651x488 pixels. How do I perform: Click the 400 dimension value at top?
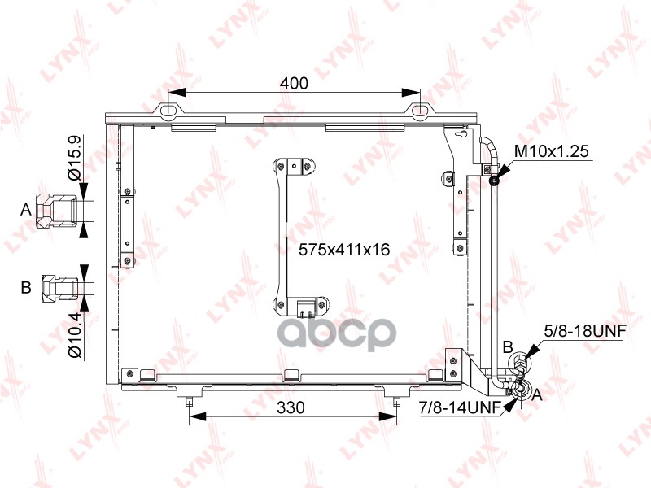(x=294, y=84)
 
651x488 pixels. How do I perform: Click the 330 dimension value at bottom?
(x=291, y=407)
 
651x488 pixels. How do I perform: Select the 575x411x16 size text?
(x=344, y=250)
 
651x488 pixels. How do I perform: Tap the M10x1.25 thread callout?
(x=552, y=151)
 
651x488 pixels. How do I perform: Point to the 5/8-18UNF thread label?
(x=585, y=331)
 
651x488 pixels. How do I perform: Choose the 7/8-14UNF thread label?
(x=461, y=407)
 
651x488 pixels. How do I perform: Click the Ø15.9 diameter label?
(x=75, y=157)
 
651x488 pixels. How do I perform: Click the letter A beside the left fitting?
(x=26, y=210)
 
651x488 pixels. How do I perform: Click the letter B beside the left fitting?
(x=26, y=287)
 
